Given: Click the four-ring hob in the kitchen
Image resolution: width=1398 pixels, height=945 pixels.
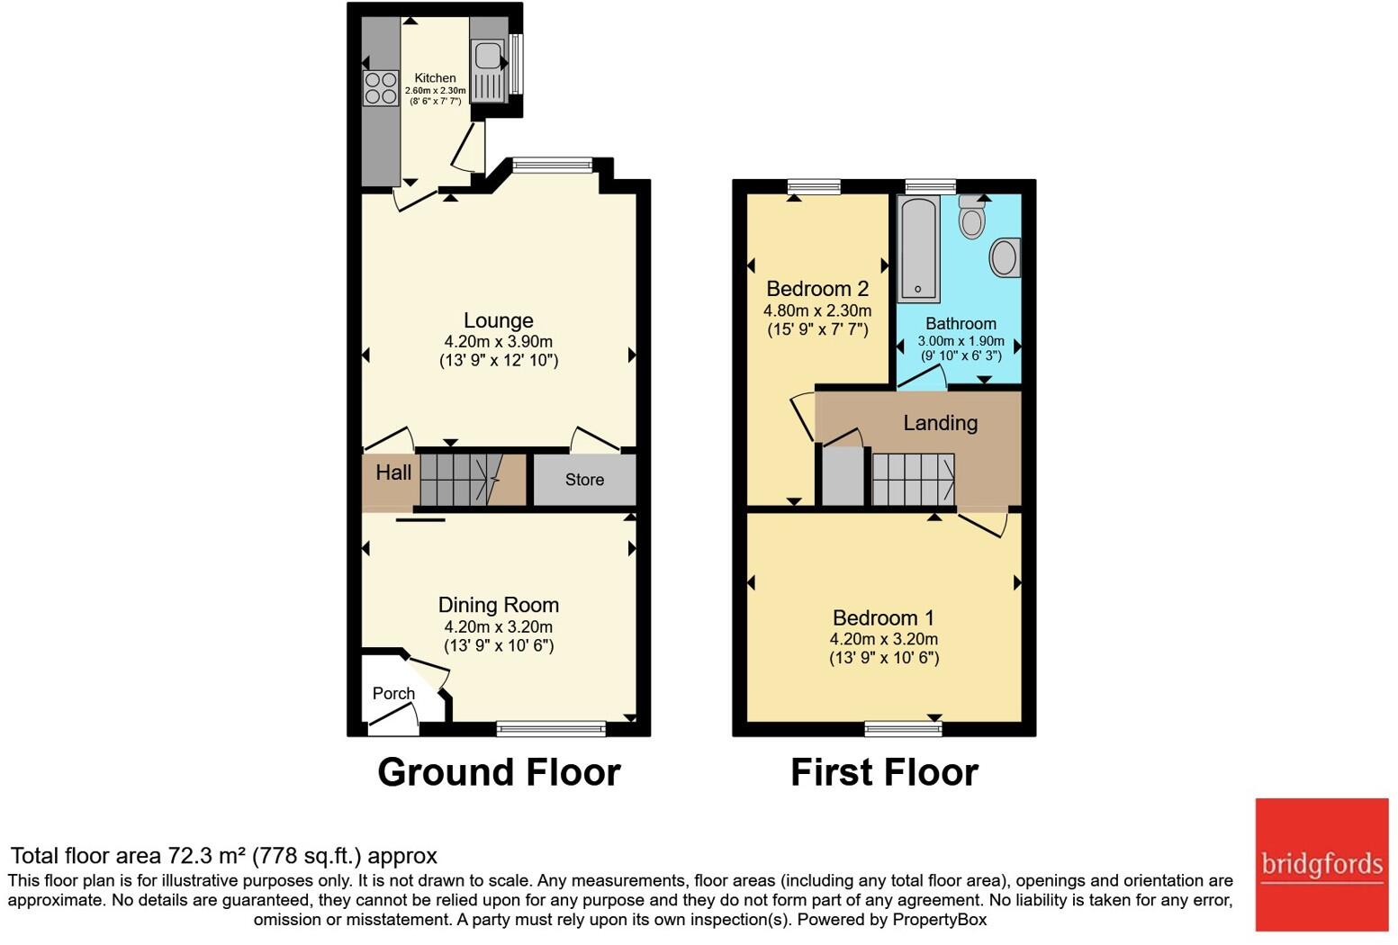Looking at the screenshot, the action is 381,87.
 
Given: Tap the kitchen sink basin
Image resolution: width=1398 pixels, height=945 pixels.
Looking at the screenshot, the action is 487,55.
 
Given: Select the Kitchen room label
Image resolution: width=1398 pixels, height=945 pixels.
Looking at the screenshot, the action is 435,78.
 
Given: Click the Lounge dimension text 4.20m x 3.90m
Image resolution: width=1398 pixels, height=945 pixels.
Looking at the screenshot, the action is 498,341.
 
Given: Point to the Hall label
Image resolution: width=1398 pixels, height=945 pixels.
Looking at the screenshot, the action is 393,472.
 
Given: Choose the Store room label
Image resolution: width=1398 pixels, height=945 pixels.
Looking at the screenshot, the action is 584,480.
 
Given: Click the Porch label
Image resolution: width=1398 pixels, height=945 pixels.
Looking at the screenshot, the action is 393,694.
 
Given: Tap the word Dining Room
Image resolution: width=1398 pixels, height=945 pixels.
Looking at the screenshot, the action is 498,605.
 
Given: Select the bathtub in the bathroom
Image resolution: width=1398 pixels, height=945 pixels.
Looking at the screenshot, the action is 918,248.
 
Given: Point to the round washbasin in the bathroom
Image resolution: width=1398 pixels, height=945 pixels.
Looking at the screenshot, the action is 1005,257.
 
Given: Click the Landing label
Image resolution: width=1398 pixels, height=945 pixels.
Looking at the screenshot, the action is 941,423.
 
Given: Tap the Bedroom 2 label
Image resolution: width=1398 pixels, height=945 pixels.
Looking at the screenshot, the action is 817,289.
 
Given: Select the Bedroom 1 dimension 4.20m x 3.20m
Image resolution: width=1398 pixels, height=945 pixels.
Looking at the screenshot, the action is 884,638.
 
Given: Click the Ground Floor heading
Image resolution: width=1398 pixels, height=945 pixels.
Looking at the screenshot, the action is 499,772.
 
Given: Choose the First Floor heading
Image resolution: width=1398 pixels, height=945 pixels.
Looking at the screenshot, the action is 884,772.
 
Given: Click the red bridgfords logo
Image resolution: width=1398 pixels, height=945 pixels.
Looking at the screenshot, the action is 1321,865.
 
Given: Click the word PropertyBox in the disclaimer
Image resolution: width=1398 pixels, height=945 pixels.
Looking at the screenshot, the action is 940,920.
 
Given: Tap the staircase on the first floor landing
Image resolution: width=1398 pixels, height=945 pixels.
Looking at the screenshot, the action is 913,479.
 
